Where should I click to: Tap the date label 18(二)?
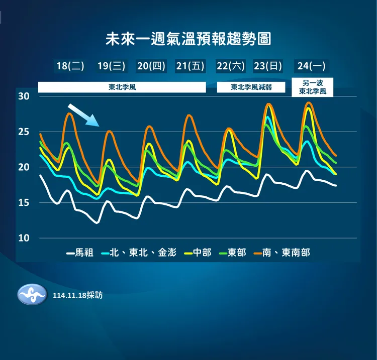click(70, 66)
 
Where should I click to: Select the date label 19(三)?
click(111, 66)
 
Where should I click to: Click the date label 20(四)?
click(151, 66)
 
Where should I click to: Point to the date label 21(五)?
click(191, 66)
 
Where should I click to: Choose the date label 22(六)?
click(231, 66)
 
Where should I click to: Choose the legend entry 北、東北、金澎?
click(139, 253)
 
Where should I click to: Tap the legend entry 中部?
click(198, 253)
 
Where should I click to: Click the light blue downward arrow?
click(84, 115)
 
